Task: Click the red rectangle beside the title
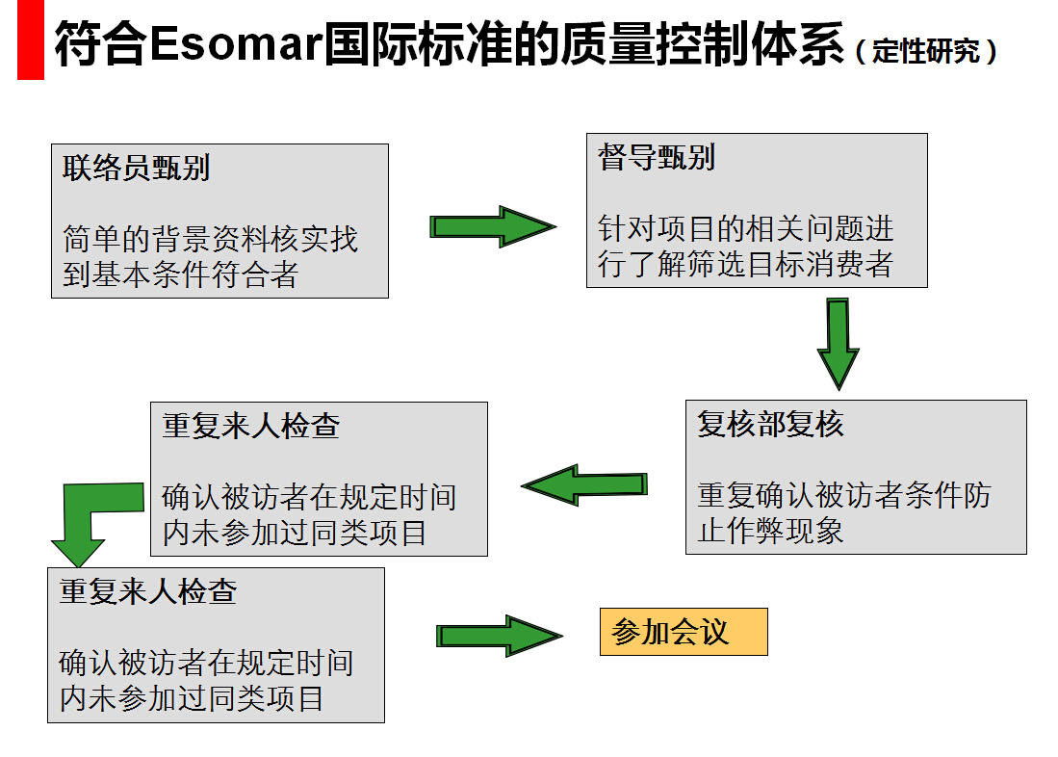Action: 31,39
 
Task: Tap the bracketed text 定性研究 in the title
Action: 926,51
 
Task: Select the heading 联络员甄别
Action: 136,168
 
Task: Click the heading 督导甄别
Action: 657,157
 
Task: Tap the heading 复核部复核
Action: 770,424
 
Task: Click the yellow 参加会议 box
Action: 684,632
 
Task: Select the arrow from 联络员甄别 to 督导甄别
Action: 493,227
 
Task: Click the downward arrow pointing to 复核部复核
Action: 839,344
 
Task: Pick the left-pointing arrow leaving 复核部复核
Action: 584,484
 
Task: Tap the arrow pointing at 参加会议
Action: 500,636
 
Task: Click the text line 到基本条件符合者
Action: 180,274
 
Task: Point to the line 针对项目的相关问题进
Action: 745,228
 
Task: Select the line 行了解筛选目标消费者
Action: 745,264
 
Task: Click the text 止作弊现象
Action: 770,531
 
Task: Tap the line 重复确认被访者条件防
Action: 844,495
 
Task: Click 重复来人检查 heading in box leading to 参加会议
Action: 147,591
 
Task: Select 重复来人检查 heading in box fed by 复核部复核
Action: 250,426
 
